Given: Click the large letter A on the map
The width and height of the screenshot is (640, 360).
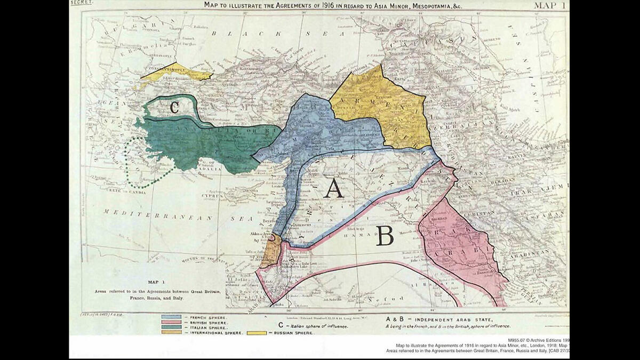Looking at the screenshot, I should coord(333,188).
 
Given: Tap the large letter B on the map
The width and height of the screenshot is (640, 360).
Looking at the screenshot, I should coord(385,235).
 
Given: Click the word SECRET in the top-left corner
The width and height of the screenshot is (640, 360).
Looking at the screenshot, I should coord(82,3).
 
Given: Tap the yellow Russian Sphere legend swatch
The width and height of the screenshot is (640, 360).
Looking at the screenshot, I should coord(257,332).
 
